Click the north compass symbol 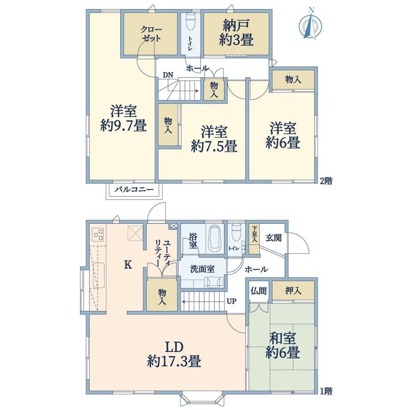pos(310,25)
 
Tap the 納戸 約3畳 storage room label pos(236,33)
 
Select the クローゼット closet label pos(151,34)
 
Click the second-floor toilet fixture pos(190,22)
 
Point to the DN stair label pos(168,75)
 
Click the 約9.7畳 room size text pos(123,126)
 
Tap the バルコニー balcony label pos(134,189)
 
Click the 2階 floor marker pos(326,180)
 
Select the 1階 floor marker pos(326,391)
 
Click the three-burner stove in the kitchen pos(98,234)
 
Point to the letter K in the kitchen pos(127,265)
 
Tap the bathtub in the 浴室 pos(215,238)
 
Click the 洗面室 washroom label pos(202,269)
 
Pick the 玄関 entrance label pos(274,238)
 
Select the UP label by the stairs pos(231,301)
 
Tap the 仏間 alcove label pos(258,291)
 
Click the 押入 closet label pos(293,291)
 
